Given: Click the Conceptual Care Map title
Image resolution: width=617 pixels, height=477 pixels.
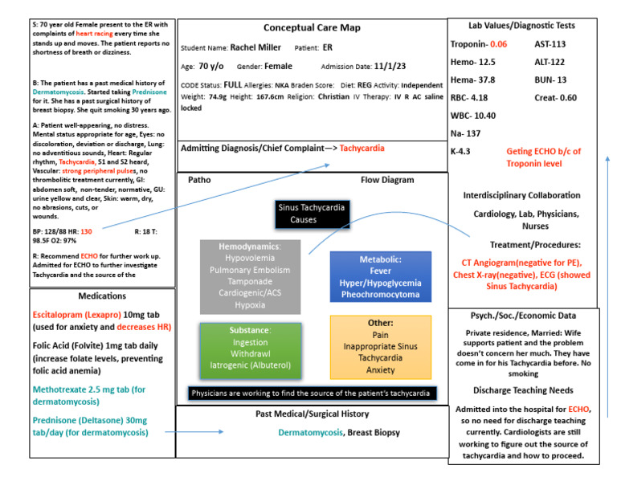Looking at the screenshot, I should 311,27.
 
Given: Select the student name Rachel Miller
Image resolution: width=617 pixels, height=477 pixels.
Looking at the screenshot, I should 259,47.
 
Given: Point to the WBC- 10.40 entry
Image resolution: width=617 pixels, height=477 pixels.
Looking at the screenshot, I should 473,115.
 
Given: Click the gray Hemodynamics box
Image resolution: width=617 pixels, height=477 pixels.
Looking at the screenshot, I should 251,275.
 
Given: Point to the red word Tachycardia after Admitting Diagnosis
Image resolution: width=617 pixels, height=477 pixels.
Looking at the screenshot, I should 362,149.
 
